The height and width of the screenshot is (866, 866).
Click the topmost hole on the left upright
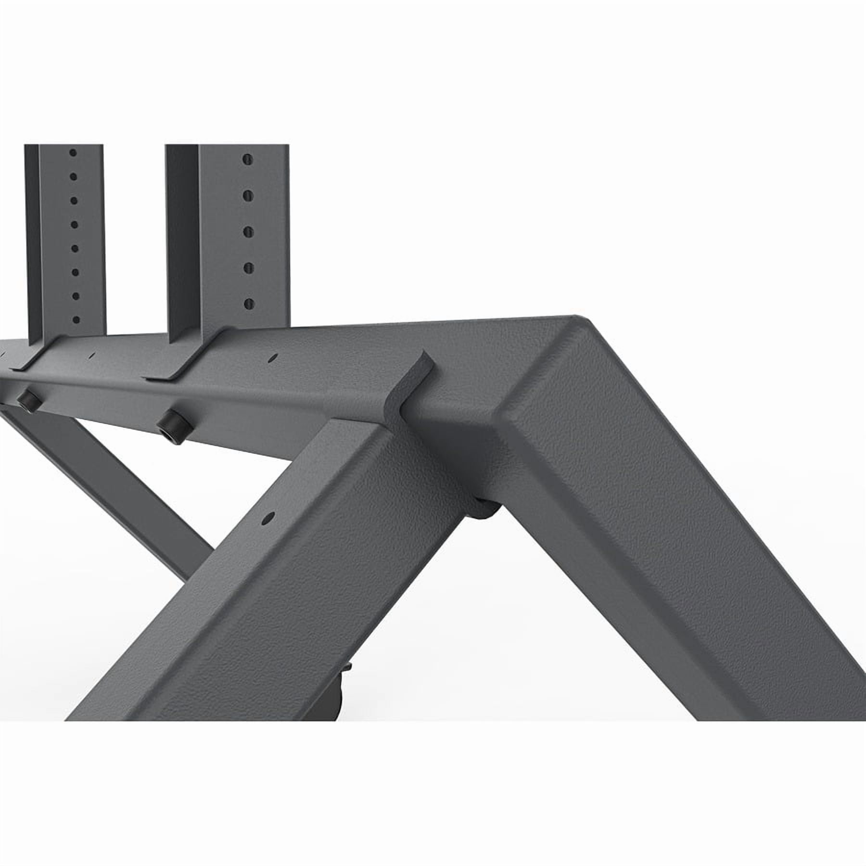(73, 153)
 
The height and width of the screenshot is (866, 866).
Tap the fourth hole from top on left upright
(74, 224)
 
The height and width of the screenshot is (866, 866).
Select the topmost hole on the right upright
(247, 159)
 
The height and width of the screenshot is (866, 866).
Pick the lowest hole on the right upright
(249, 303)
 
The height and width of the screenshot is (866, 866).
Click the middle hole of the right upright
(248, 231)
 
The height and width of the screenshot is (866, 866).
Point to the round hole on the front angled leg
(267, 518)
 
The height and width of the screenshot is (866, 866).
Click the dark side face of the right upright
(182, 231)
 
